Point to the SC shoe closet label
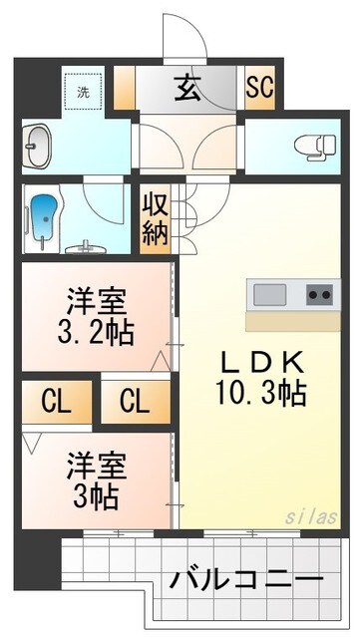[x=260, y=87]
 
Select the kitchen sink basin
[x=269, y=294]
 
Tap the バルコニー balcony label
[x=245, y=579]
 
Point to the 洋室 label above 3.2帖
[x=96, y=298]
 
